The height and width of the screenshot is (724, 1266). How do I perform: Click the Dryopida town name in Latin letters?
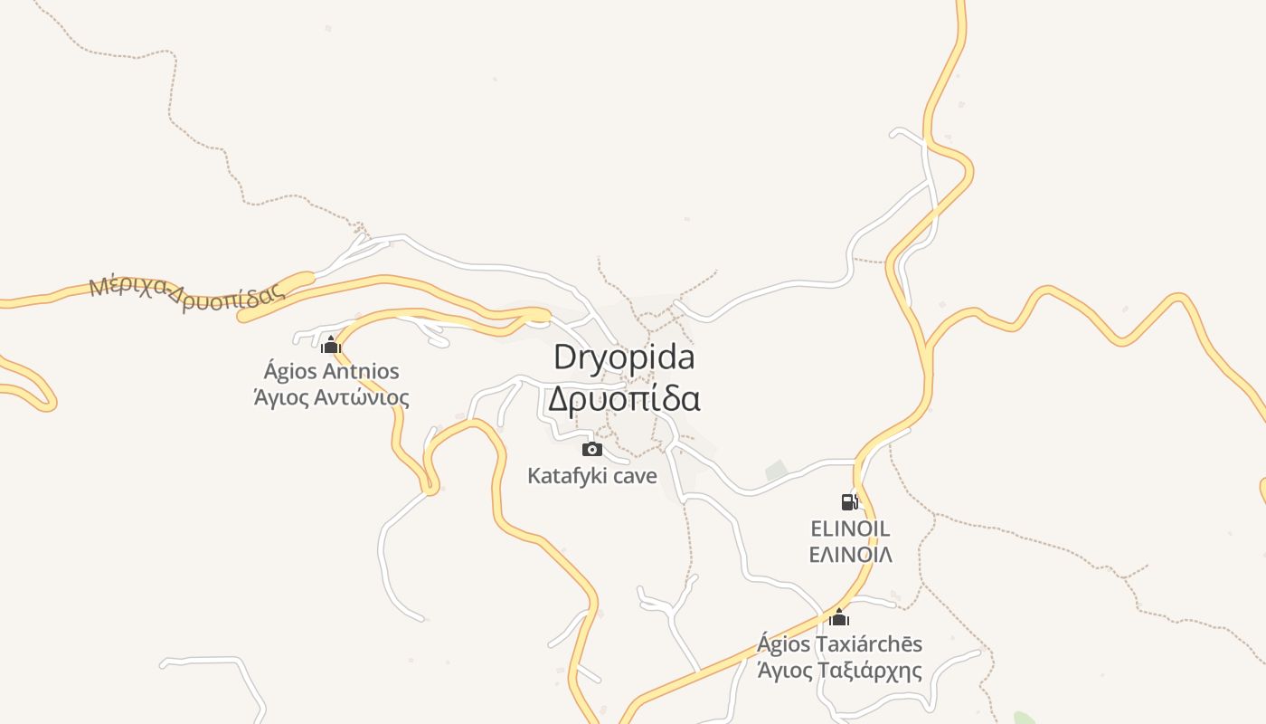624,357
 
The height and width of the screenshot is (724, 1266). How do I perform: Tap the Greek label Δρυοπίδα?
624,399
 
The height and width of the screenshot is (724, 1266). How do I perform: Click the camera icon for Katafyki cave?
592,449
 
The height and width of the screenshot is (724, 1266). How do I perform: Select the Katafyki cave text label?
592,475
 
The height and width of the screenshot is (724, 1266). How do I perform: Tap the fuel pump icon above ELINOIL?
849,501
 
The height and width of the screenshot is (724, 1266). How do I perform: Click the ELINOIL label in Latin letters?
850,529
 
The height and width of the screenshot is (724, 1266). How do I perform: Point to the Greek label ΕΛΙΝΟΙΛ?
850,554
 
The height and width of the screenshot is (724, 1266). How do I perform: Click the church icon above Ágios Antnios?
331,345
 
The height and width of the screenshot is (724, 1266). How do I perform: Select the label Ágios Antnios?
331,371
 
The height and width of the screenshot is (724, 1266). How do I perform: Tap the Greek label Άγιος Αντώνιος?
331,397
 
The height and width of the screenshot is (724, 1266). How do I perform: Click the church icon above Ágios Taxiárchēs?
839,618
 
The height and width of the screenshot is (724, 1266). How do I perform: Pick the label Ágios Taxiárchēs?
839,644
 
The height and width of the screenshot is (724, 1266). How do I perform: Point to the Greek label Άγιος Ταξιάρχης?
839,671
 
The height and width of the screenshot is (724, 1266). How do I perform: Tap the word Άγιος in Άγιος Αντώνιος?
280,397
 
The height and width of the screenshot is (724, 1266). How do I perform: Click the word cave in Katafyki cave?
635,475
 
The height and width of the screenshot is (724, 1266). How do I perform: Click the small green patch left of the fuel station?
776,471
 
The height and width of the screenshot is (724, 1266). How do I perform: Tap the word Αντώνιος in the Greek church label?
360,397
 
